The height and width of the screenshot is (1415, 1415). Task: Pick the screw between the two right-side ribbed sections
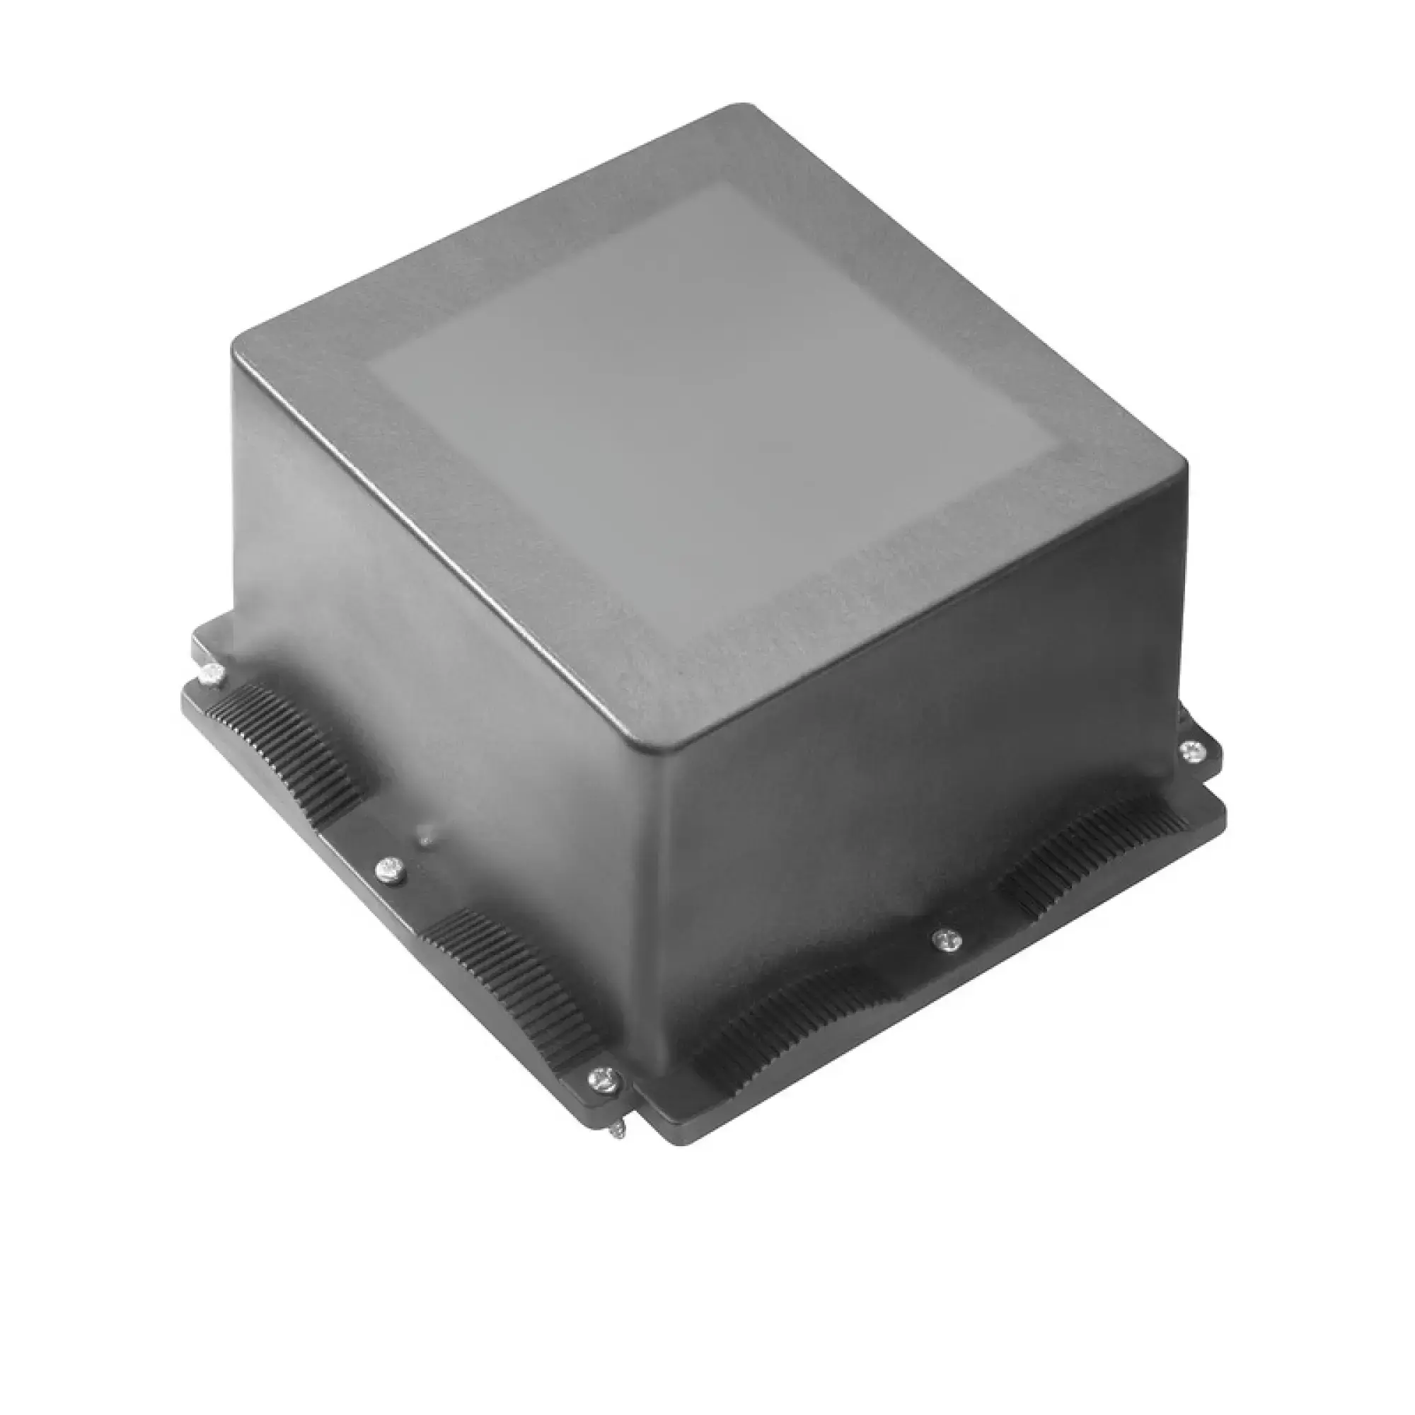pos(948,937)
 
